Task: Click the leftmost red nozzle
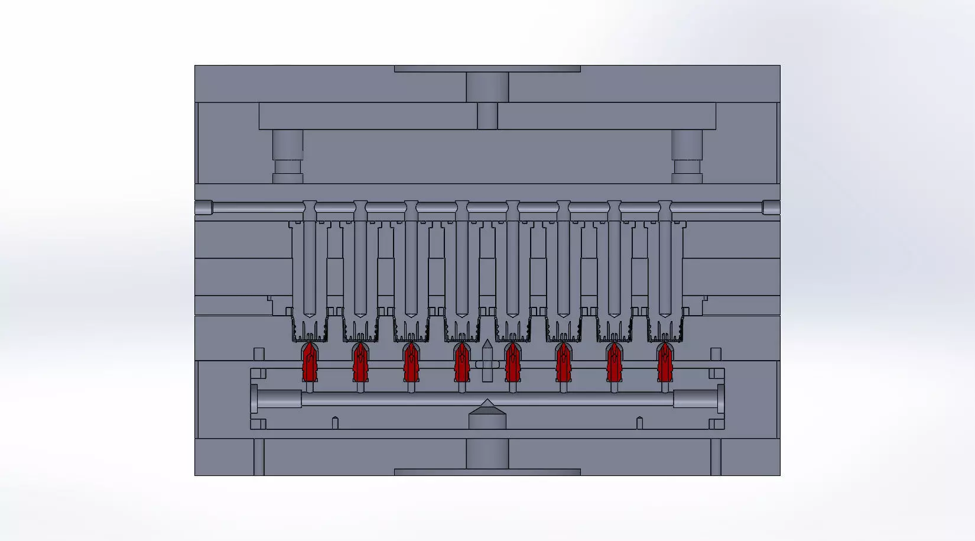click(x=309, y=362)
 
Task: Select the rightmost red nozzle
click(x=665, y=362)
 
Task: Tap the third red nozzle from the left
click(x=411, y=362)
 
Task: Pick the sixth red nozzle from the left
click(x=563, y=362)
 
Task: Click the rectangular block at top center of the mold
click(x=487, y=86)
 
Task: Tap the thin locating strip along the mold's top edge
click(x=487, y=69)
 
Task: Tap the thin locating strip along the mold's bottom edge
click(x=487, y=472)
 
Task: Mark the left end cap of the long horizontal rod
click(x=203, y=208)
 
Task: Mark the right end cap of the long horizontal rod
click(x=771, y=208)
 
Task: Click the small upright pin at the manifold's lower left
click(x=334, y=423)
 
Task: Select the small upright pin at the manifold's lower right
click(x=639, y=423)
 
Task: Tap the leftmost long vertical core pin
click(x=309, y=266)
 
